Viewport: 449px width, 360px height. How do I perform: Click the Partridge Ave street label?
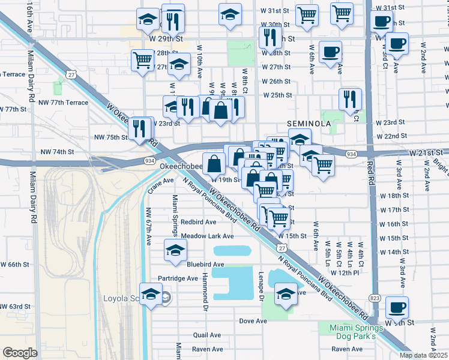pyautogui.click(x=178, y=278)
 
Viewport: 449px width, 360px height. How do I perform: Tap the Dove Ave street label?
pyautogui.click(x=253, y=321)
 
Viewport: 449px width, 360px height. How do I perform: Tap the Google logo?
pyautogui.click(x=20, y=353)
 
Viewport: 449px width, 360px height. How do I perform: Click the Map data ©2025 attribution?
pyautogui.click(x=423, y=355)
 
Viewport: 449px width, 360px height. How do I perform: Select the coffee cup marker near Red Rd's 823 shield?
pyautogui.click(x=397, y=307)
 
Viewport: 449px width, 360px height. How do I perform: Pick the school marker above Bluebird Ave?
pyautogui.click(x=175, y=250)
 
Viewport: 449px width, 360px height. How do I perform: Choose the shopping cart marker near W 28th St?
pyautogui.click(x=143, y=59)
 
